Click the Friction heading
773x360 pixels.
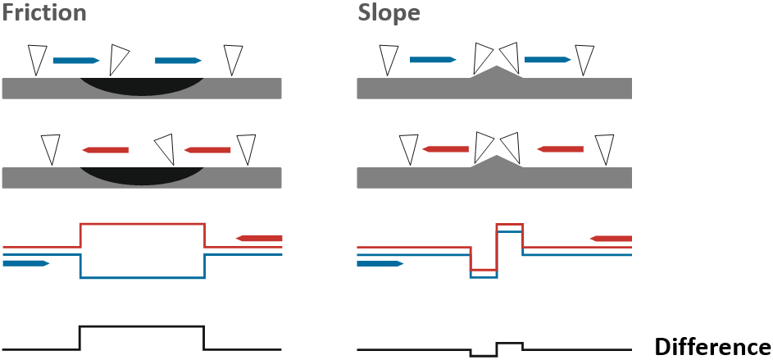coord(46,14)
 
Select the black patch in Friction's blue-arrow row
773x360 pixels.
coord(143,87)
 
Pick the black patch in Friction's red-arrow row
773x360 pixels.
coord(143,175)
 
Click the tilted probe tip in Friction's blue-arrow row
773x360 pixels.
coord(119,60)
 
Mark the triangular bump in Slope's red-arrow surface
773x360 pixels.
coord(494,162)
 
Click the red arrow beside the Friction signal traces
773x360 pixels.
coord(258,238)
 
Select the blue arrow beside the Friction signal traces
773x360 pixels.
coord(26,263)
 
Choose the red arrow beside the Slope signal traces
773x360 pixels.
coord(611,239)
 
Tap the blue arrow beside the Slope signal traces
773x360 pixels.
coord(380,263)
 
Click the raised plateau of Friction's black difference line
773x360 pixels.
coord(142,326)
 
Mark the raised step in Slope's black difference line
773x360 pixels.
coord(509,343)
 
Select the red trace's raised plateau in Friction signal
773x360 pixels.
coord(142,223)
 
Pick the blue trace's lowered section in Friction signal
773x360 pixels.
coord(142,278)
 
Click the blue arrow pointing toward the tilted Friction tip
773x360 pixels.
coord(75,60)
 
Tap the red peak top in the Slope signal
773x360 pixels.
coord(509,223)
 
